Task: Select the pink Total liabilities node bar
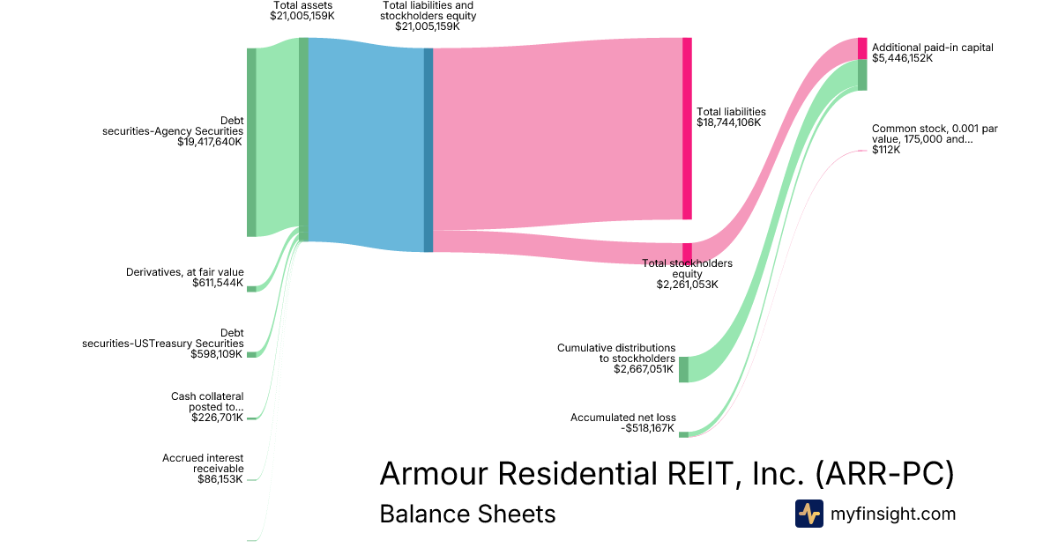(x=687, y=129)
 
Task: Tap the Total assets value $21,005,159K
(x=302, y=16)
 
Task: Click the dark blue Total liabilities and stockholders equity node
(x=428, y=150)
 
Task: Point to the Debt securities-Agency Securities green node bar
(x=251, y=142)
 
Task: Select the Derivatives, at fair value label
(x=184, y=272)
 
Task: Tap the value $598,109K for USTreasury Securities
(x=217, y=354)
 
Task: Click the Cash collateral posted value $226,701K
(x=217, y=418)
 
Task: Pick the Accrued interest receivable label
(x=203, y=463)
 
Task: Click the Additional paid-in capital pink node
(x=862, y=48)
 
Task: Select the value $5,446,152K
(x=902, y=59)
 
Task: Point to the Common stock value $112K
(x=886, y=150)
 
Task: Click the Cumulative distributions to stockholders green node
(x=683, y=369)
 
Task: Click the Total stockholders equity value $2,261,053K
(x=687, y=285)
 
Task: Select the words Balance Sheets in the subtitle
(x=467, y=514)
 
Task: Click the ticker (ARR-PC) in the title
(x=884, y=474)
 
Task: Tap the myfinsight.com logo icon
(x=808, y=514)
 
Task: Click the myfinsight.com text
(x=893, y=514)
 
